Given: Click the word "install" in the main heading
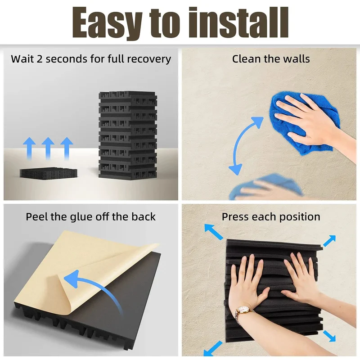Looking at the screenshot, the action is click(x=238, y=22).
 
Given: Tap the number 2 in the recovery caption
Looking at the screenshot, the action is click(x=40, y=59).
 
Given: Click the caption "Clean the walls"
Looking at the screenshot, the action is click(x=271, y=59).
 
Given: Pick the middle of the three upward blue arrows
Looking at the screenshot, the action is click(x=48, y=148).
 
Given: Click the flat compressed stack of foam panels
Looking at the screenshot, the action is click(x=49, y=172).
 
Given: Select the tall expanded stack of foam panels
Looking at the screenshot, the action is click(x=128, y=135).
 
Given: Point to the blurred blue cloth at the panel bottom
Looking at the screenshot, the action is click(x=266, y=187).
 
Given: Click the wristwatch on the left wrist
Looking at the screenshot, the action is click(x=242, y=312).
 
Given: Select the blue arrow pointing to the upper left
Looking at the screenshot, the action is click(x=213, y=232).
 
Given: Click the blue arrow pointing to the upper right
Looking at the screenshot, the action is click(x=329, y=241).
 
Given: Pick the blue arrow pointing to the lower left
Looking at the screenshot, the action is click(x=213, y=348).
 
